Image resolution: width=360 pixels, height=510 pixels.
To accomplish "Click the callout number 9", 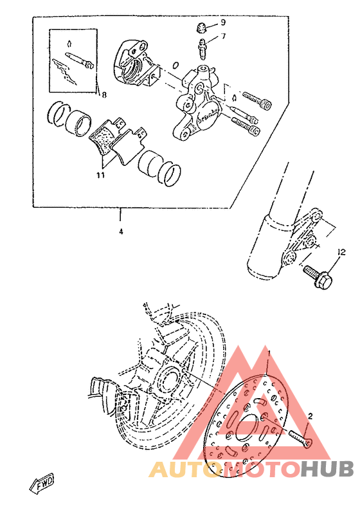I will pos(223,23).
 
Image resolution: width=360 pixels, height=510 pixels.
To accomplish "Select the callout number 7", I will pos(223,37).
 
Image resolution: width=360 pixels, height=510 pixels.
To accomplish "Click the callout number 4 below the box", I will pos(120,232).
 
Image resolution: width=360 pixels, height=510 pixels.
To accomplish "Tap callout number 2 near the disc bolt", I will pos(310,416).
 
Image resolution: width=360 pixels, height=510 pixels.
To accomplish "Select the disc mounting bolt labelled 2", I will pos(298,438).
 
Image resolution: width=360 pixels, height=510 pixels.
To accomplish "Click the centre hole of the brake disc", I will pos(244,431).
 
